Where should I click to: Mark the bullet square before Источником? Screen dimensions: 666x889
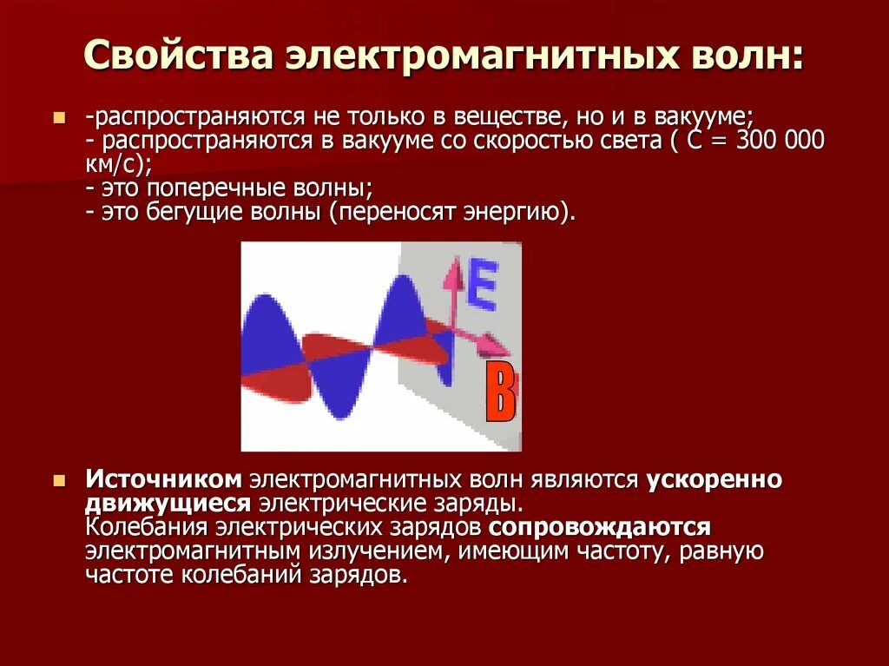coord(60,480)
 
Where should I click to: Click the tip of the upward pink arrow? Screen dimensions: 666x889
coord(452,260)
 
